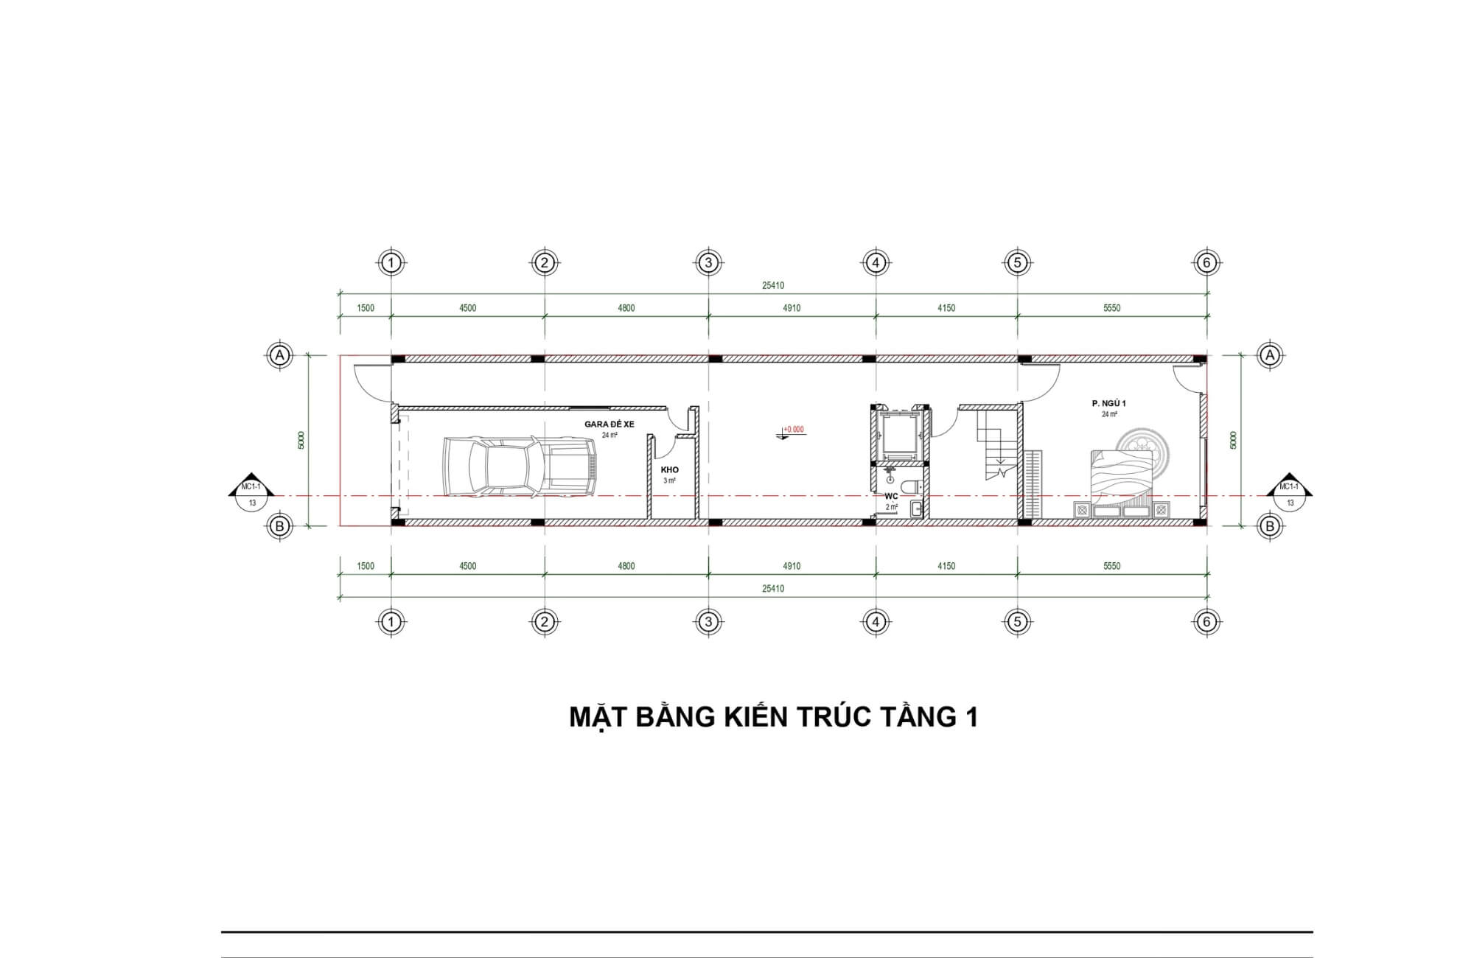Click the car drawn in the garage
coord(520,465)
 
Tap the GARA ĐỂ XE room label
coord(609,424)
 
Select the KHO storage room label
coord(670,469)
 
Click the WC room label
coord(891,496)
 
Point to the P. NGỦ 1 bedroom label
coord(1108,404)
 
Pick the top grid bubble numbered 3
coord(708,262)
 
